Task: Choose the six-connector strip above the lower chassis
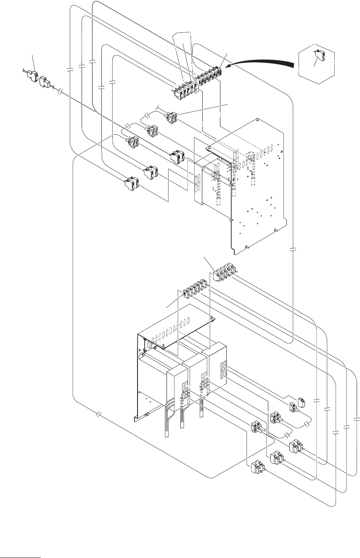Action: [196, 289]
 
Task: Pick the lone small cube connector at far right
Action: [301, 402]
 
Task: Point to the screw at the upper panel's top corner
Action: [257, 119]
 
